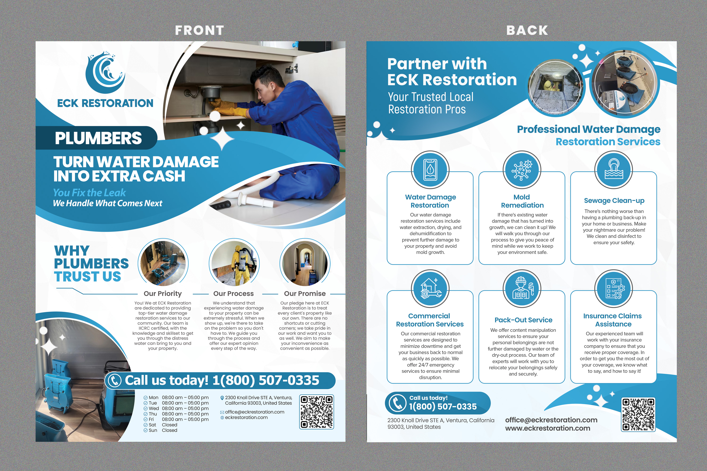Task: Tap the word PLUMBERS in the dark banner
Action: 98,138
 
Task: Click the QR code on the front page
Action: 317,411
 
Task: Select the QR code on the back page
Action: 638,414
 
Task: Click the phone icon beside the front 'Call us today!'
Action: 115,380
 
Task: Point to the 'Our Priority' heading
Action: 163,293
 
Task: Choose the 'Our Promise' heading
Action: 305,293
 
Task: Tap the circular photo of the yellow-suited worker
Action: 234,263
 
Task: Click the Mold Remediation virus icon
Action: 522,170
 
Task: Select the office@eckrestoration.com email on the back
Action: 551,420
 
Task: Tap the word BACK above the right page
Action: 527,30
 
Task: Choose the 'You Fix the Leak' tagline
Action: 89,193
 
